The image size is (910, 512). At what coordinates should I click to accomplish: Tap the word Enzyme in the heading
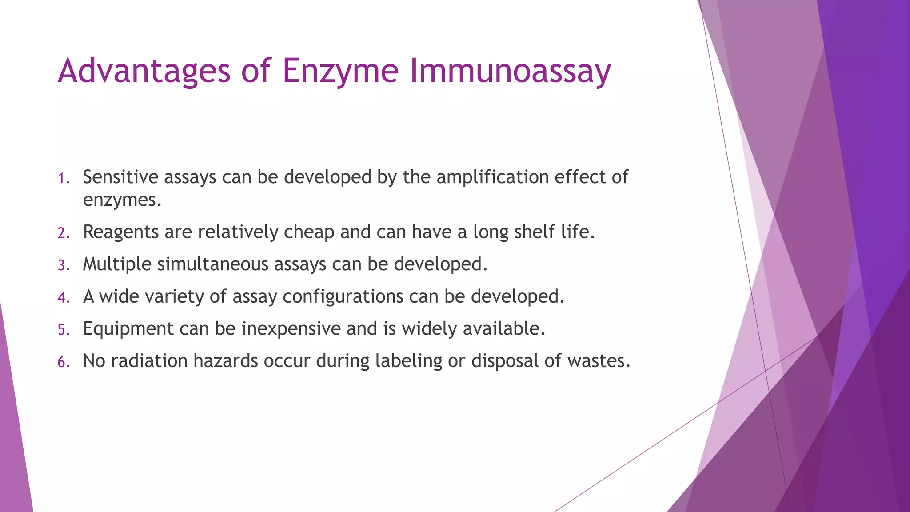coord(340,71)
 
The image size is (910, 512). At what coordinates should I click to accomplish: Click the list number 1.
coord(63,179)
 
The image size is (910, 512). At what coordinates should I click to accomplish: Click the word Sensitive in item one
coord(120,177)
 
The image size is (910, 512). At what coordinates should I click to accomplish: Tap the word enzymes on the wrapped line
coord(122,200)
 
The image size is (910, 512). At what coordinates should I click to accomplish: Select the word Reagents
coord(121,232)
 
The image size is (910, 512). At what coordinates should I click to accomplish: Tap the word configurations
coord(343,296)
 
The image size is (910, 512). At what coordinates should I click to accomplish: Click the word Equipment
coord(128,329)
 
